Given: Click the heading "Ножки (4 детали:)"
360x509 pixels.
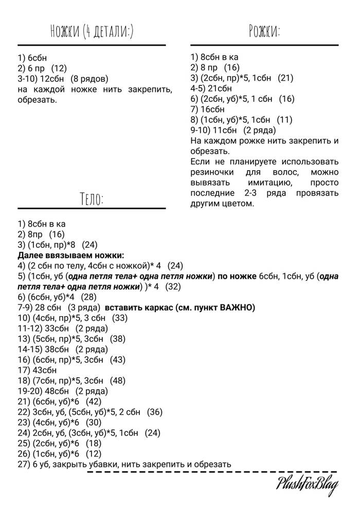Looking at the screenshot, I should [x=92, y=32].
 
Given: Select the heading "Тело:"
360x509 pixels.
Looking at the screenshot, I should [x=92, y=198].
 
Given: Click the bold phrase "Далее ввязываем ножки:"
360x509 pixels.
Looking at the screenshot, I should [x=71, y=255].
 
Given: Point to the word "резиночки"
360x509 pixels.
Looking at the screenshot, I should [x=212, y=172].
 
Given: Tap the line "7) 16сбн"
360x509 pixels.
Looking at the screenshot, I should [x=207, y=109].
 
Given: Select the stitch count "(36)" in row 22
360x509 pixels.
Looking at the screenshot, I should [x=155, y=412].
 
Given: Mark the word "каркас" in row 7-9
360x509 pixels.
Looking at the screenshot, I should [x=152, y=307].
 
